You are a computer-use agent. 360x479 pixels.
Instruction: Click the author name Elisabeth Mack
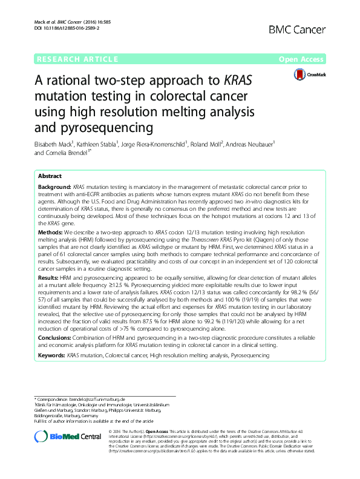pyautogui.click(x=53, y=144)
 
